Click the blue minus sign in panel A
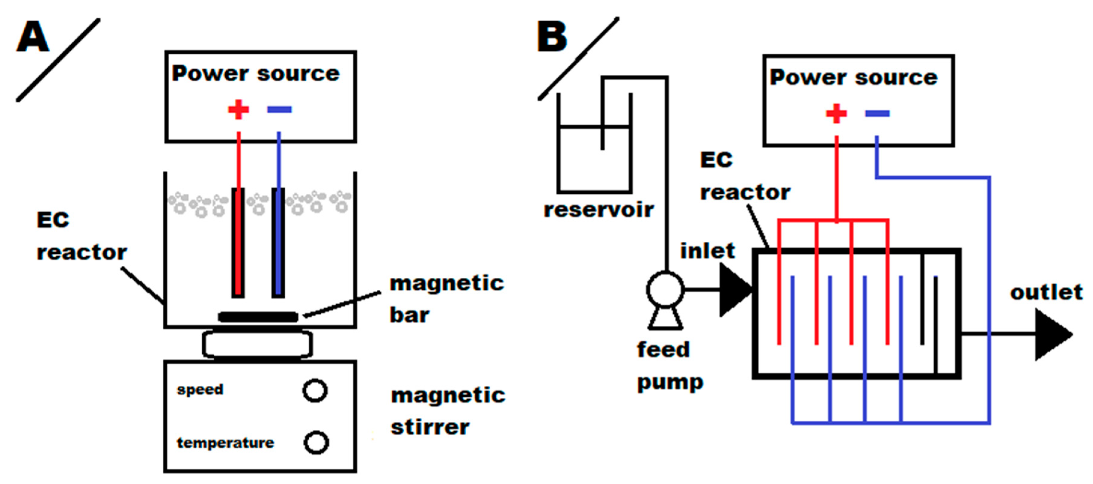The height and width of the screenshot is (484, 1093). coord(279,110)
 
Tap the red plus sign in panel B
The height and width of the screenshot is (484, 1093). coord(836,113)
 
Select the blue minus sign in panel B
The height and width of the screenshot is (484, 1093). coord(877,113)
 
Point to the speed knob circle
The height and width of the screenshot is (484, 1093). coord(315,390)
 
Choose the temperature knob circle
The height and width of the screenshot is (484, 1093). coord(316,443)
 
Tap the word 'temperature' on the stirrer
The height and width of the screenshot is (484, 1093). coord(225,443)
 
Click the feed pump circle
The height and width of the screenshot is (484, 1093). coord(665,289)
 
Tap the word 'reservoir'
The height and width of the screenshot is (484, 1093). coord(599,210)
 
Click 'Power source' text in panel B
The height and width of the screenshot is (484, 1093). coord(853,77)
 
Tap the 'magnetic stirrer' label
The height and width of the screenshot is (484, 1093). coord(448,411)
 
